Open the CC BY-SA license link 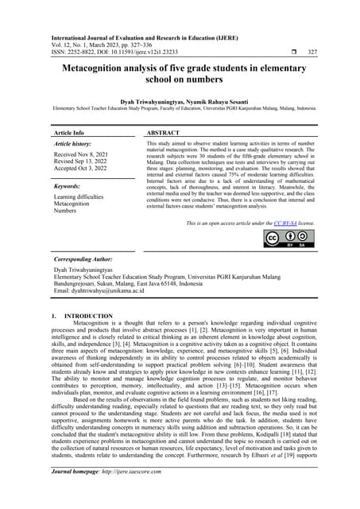coord(283,224)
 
